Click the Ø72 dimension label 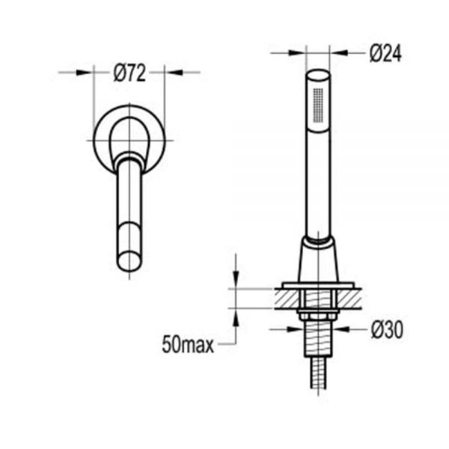click(129, 73)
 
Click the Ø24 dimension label click(385, 53)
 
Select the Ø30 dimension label click(387, 330)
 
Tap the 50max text click(188, 345)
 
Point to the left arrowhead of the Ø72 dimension click(85, 73)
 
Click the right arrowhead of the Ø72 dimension click(174, 73)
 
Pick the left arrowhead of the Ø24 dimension click(298, 52)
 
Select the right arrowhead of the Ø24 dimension click(339, 52)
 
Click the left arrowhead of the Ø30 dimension click(296, 329)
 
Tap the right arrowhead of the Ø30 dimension click(341, 329)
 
